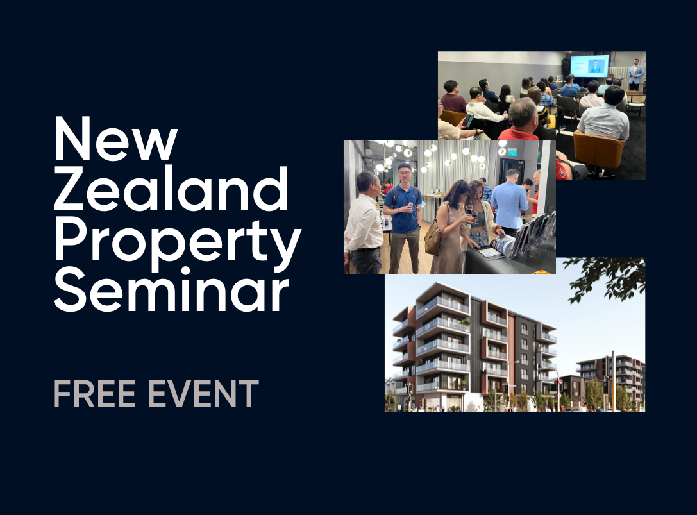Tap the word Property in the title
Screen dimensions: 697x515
click(x=178, y=242)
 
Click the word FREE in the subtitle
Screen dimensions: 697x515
click(x=94, y=394)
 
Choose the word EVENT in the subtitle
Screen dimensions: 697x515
click(x=203, y=394)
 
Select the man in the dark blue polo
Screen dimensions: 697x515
click(x=403, y=218)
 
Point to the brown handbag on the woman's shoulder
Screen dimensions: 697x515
click(x=433, y=239)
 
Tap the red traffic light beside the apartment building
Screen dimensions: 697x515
click(x=556, y=382)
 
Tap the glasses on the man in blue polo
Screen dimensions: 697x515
click(x=403, y=171)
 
